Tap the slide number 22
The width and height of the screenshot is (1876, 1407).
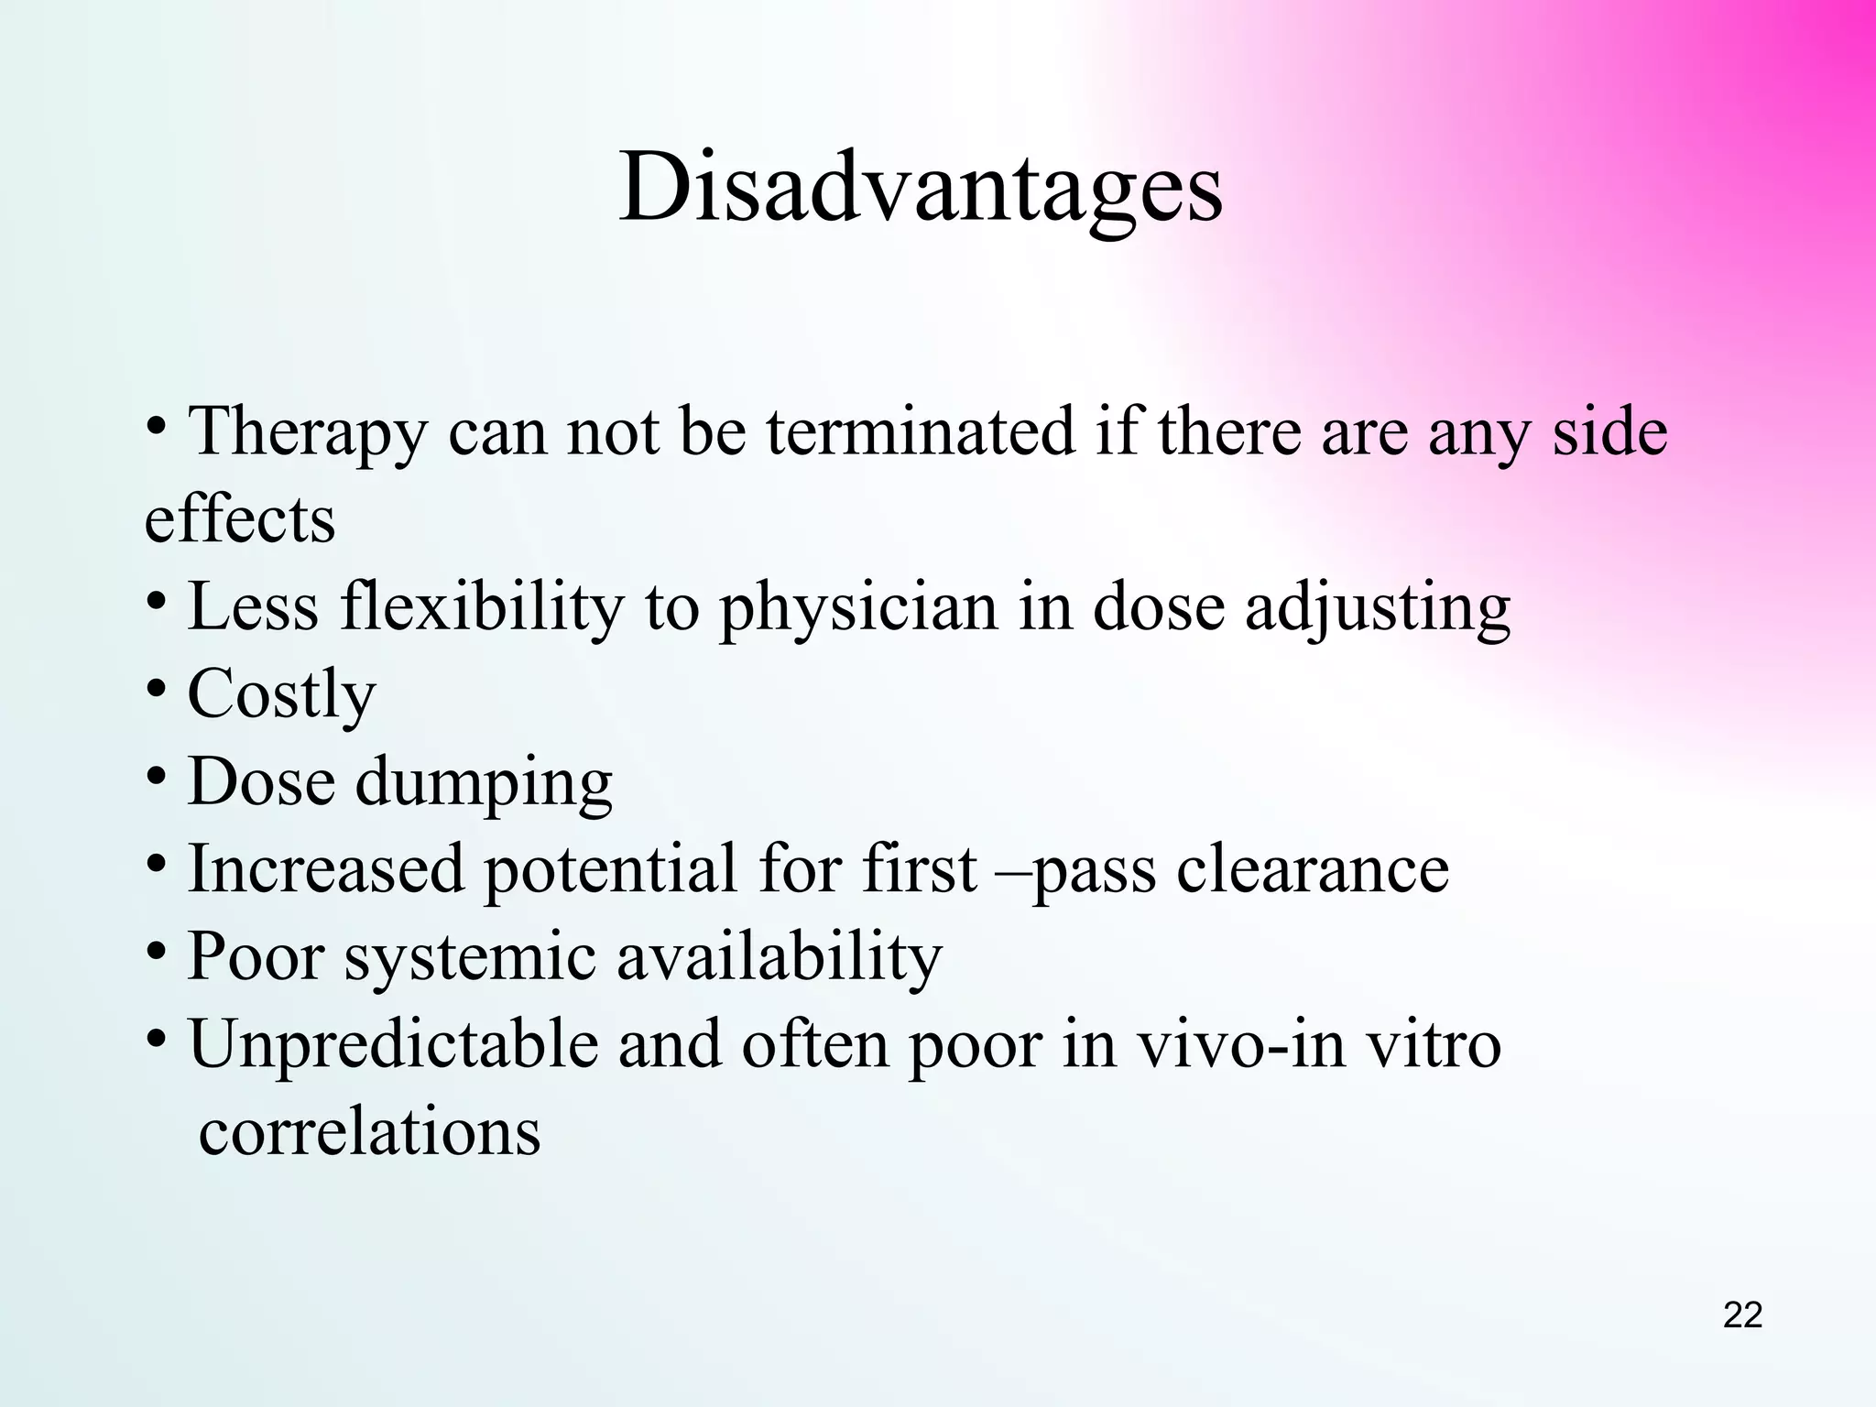tap(1742, 1315)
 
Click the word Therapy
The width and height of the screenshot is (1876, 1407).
tap(307, 432)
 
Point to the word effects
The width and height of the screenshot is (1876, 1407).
tap(240, 518)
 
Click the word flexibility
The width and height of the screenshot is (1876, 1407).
tap(482, 608)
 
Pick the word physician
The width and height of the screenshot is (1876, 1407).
tap(857, 608)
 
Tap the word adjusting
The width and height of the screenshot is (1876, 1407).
tap(1377, 608)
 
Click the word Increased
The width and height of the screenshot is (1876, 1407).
tap(326, 868)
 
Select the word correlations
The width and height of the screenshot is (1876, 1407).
tap(369, 1132)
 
